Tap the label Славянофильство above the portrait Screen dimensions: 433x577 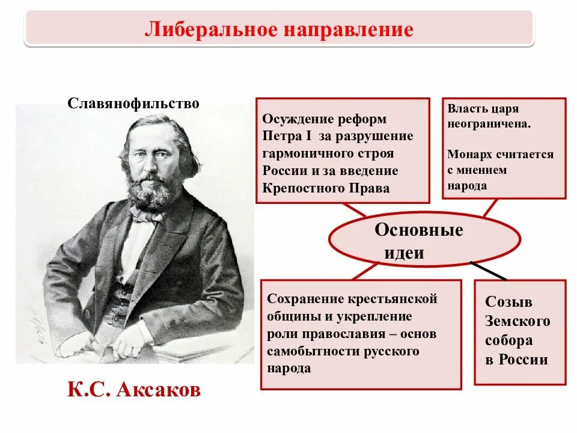point(133,103)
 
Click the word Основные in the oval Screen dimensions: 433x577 point(419,230)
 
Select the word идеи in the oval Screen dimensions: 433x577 point(404,253)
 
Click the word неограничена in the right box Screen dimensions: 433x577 point(489,124)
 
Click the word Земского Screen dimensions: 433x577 point(517,321)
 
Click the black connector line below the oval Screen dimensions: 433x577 point(488,271)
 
